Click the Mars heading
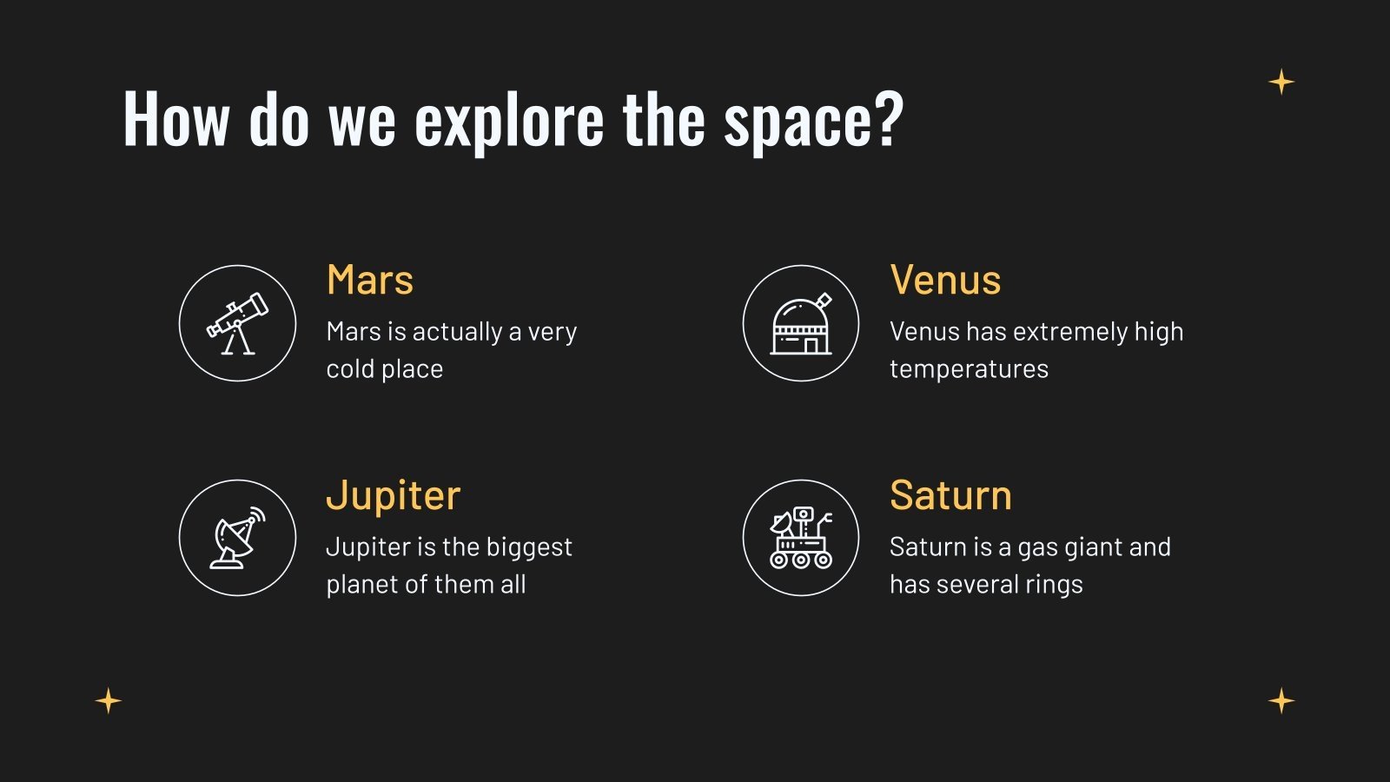(369, 281)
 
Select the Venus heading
(945, 281)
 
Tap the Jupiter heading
(393, 496)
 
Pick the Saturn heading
(950, 496)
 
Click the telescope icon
(237, 323)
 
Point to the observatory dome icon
(801, 323)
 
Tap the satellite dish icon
(237, 538)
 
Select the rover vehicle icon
(801, 538)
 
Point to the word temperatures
(969, 369)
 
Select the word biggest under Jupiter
(529, 547)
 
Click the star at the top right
(1281, 83)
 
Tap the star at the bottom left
(109, 700)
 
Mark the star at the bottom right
(1281, 700)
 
